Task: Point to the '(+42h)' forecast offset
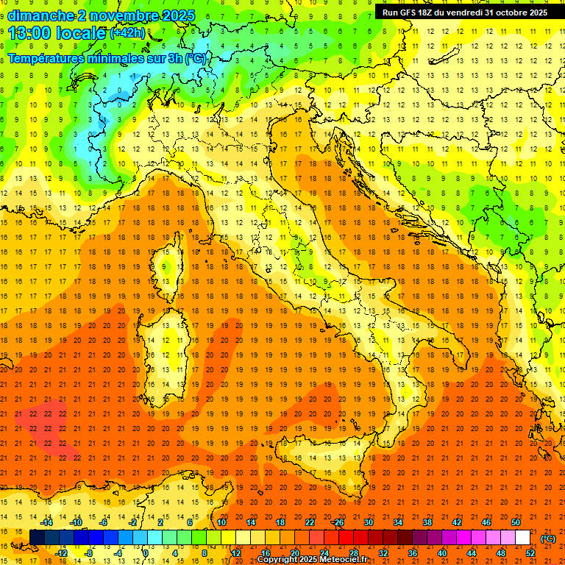pyautogui.click(x=128, y=33)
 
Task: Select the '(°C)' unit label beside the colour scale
pyautogui.click(x=548, y=539)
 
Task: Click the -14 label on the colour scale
pyautogui.click(x=46, y=522)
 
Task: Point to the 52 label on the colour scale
pyautogui.click(x=530, y=553)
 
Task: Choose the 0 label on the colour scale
pyautogui.click(x=146, y=553)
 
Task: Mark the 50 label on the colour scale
pyautogui.click(x=516, y=522)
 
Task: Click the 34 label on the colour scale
pyautogui.click(x=398, y=522)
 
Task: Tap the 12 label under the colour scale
pyautogui.click(x=235, y=553)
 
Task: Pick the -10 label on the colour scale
pyautogui.click(x=76, y=522)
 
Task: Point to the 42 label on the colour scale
pyautogui.click(x=457, y=522)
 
